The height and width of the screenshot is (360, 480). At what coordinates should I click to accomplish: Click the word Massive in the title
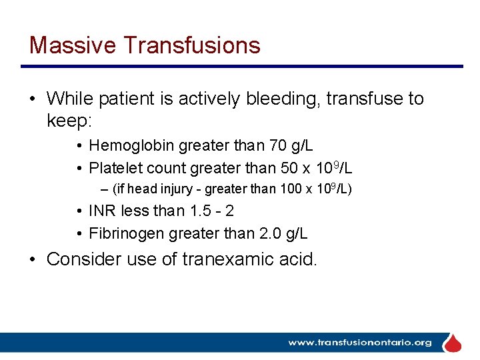pos(73,45)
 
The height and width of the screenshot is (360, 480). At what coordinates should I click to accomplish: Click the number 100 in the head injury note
pos(291,189)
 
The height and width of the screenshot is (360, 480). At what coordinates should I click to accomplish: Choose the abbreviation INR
pos(103,211)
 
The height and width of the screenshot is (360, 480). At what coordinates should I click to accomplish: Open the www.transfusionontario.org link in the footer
pos(359,343)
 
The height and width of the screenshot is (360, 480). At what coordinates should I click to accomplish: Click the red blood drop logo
pos(453,343)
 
